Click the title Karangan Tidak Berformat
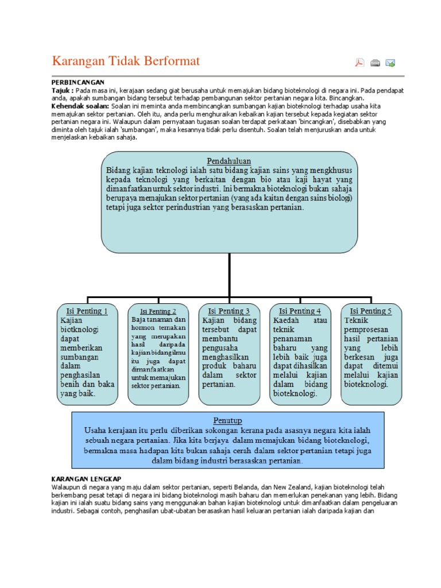[x=126, y=61]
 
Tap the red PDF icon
[x=359, y=63]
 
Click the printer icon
[x=375, y=63]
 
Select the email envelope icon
[x=390, y=63]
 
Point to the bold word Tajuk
[x=61, y=91]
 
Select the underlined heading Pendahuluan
[x=229, y=161]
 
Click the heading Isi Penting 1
[x=87, y=311]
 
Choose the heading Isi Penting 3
[x=229, y=311]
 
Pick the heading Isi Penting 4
[x=300, y=311]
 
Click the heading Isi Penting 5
[x=371, y=311]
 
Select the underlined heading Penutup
[x=228, y=420]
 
